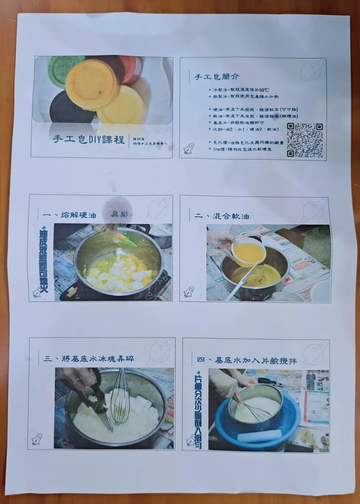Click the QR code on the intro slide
pos(305,140)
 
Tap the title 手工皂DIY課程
pos(89,139)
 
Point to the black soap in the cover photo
pos(70,108)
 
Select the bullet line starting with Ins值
pos(242,149)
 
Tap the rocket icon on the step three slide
pos(36,439)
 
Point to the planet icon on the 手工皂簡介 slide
pos(310,71)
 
